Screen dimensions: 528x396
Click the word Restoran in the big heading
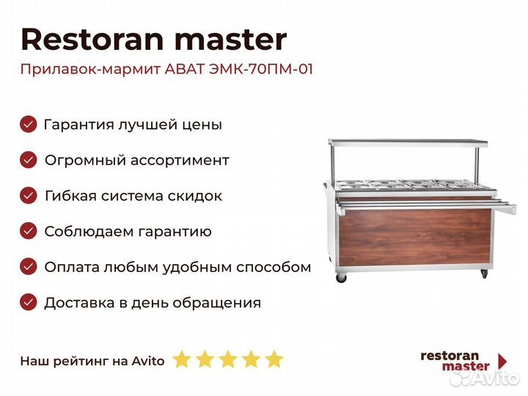(x=92, y=40)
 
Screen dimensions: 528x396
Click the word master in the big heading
(x=231, y=40)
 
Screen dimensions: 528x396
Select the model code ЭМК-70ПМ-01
(x=261, y=69)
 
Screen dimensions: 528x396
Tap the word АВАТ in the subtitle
(x=185, y=69)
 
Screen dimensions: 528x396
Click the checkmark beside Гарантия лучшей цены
(x=29, y=124)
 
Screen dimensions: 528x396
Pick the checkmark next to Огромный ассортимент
(x=29, y=160)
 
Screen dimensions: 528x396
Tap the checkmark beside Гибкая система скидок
(x=29, y=195)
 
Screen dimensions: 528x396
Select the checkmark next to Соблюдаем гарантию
(x=29, y=231)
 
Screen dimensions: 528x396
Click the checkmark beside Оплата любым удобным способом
(x=29, y=267)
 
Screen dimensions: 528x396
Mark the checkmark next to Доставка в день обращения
(x=29, y=302)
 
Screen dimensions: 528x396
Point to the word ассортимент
(x=180, y=161)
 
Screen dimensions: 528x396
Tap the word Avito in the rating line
(x=148, y=361)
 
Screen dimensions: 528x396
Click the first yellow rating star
(x=182, y=359)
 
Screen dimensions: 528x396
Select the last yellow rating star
(x=274, y=359)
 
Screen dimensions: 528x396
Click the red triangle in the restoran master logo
(x=502, y=361)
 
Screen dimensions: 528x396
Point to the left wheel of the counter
(x=341, y=278)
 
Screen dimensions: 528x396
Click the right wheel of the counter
(x=484, y=274)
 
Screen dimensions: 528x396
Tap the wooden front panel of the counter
(x=414, y=236)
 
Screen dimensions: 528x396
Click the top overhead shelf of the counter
(x=408, y=143)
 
